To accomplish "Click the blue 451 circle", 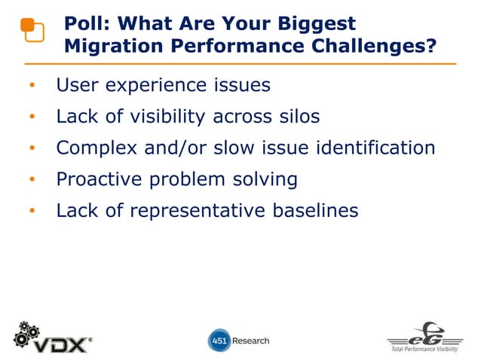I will pyautogui.click(x=219, y=340).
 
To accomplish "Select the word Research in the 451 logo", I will pyautogui.click(x=250, y=340).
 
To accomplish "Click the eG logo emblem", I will pyautogui.click(x=426, y=334).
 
